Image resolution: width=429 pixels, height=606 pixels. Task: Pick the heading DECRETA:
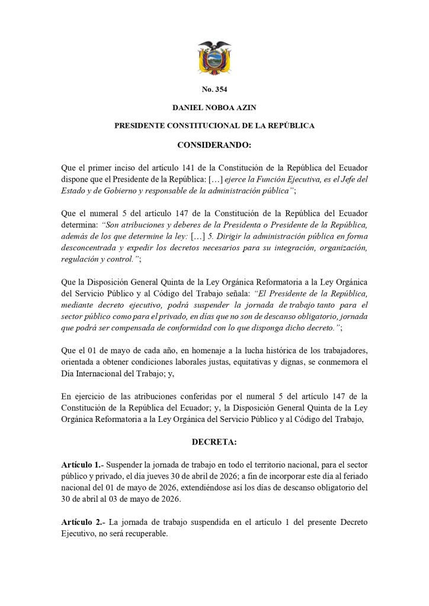pyautogui.click(x=214, y=441)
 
